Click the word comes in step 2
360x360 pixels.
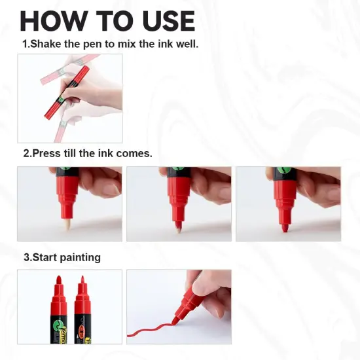coord(135,154)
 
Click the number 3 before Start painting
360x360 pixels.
coord(26,257)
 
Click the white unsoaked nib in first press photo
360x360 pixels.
coord(67,225)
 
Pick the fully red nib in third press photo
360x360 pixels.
coord(285,226)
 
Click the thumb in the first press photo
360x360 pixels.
coord(98,180)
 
